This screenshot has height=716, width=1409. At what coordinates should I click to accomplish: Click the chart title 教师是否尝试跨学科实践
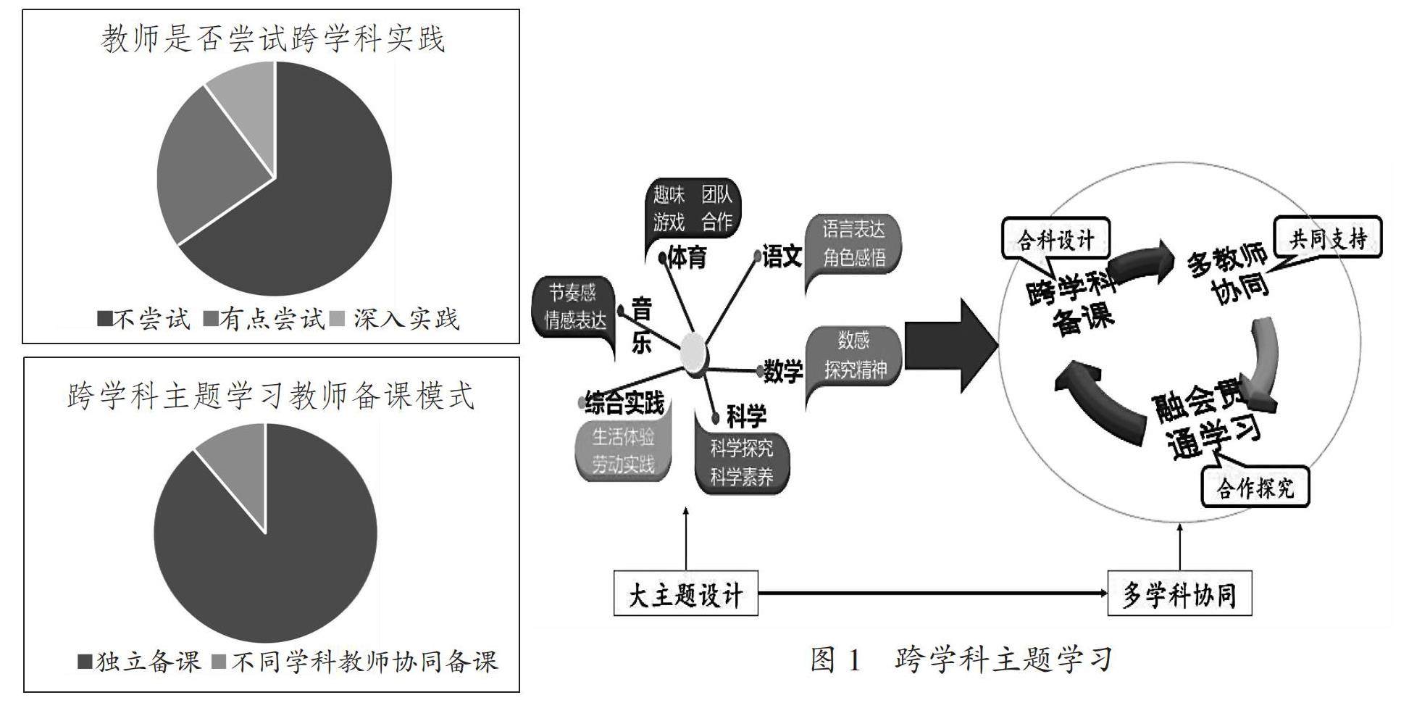click(272, 38)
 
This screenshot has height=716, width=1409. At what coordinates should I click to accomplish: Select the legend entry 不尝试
click(144, 319)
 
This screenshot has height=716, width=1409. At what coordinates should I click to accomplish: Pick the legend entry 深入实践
click(396, 319)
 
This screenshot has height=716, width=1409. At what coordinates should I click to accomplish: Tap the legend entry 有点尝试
click(265, 319)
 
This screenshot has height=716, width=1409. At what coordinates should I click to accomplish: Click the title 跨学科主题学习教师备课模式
click(271, 396)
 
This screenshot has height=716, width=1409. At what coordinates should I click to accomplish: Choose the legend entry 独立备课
click(140, 661)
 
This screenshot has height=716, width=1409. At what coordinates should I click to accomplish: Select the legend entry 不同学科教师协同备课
click(356, 661)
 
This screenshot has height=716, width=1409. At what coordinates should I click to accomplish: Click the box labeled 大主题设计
click(685, 594)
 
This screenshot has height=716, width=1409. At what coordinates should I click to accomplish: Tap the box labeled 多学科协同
click(1179, 594)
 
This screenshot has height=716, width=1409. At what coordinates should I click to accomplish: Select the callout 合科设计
click(1055, 239)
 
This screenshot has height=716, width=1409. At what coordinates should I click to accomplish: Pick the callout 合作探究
click(1255, 487)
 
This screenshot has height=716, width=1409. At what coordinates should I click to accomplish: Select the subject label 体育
click(686, 257)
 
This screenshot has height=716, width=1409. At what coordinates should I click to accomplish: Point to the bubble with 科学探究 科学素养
click(742, 462)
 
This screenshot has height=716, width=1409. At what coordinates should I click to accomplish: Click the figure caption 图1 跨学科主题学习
click(961, 659)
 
